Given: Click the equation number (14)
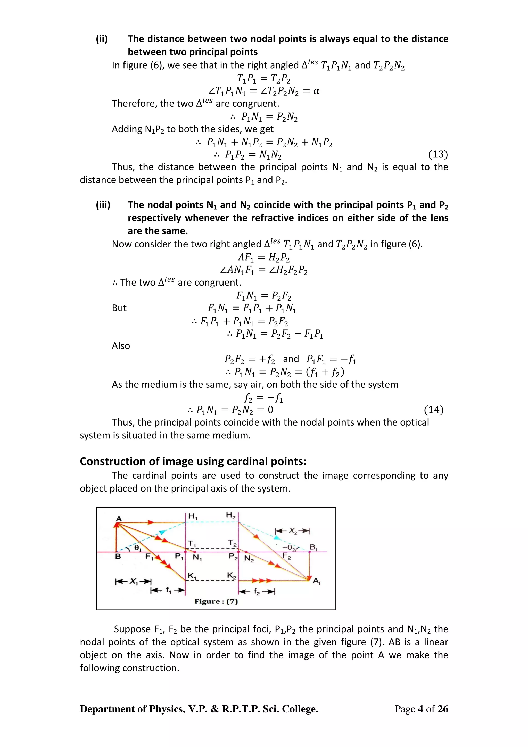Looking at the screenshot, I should point(434,410).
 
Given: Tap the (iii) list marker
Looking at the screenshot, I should point(103,205).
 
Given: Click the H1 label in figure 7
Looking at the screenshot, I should point(193,516).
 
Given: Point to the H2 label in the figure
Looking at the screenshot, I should point(231,515).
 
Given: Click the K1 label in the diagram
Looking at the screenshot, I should point(192,576).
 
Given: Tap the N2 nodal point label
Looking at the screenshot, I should point(249,559).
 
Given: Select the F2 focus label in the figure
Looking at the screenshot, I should point(287,556).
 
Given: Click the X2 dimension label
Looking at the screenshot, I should point(293,531).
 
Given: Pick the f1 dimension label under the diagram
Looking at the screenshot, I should point(168,590).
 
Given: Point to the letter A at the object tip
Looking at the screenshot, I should point(119,519).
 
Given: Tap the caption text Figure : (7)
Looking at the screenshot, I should point(216,602).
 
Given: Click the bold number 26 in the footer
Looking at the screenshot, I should point(443,709).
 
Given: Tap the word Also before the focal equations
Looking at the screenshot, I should point(121,346).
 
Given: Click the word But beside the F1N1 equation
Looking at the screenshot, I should point(119,308).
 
